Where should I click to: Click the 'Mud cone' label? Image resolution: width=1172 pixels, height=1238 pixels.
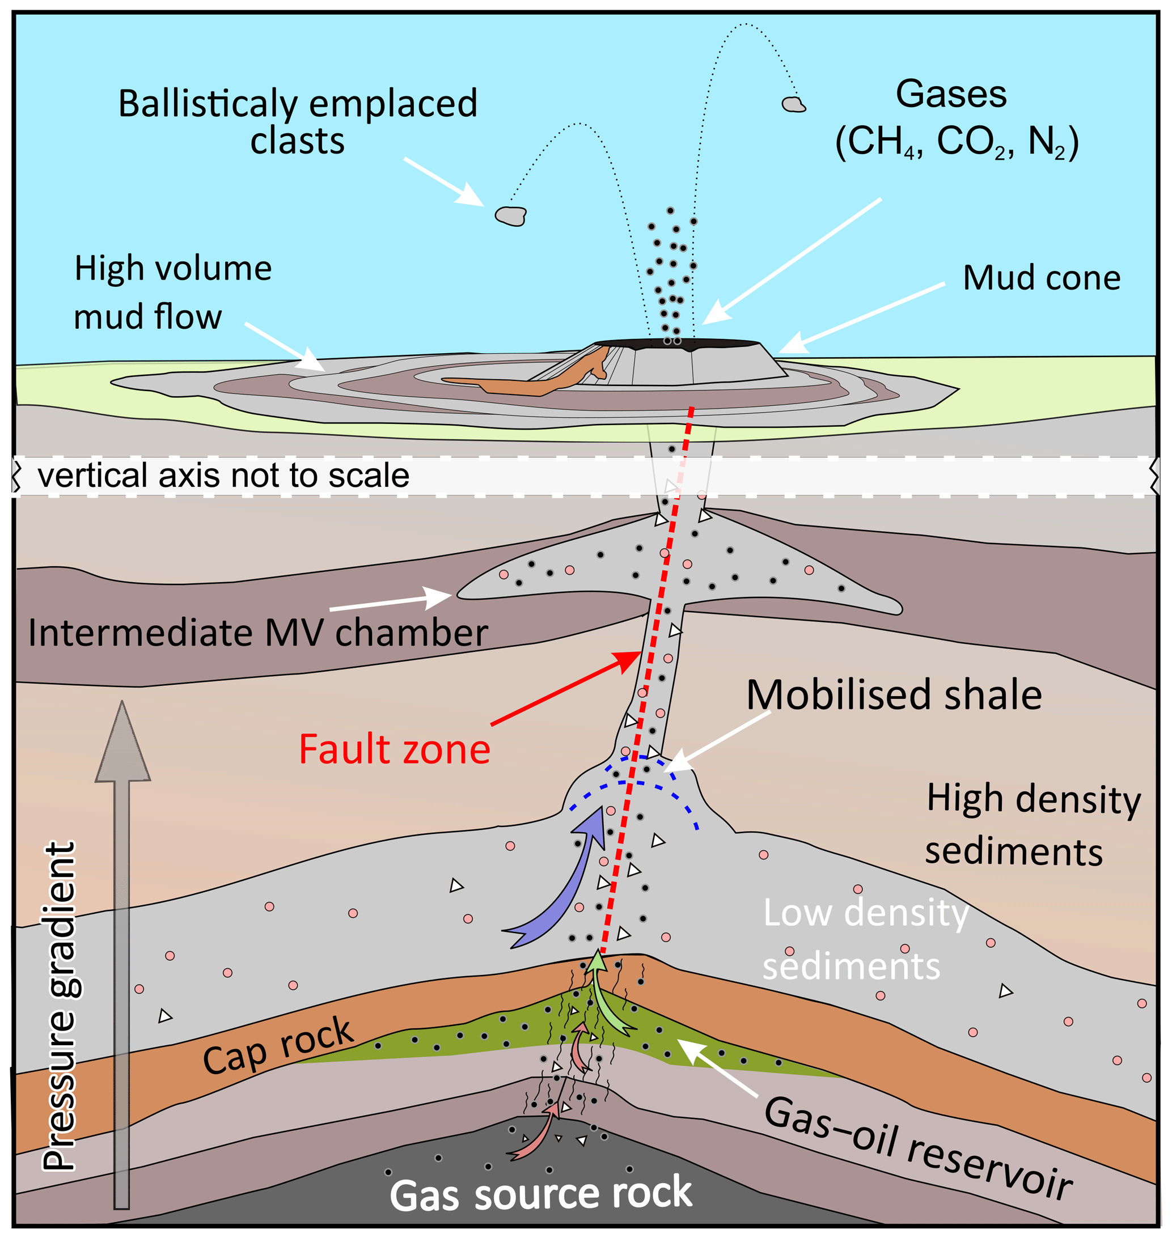[1042, 278]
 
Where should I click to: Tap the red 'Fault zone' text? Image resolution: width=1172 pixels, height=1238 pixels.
[395, 749]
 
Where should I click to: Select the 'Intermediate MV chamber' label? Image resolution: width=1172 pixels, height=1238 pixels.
[258, 633]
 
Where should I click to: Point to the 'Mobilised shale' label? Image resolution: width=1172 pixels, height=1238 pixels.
[894, 694]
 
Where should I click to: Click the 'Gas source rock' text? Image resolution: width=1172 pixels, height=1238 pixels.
[541, 1194]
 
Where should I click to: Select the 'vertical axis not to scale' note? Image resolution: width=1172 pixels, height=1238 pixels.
[223, 476]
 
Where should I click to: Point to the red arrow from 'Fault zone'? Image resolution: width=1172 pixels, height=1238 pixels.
[566, 688]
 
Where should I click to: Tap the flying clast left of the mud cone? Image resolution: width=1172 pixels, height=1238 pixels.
[510, 215]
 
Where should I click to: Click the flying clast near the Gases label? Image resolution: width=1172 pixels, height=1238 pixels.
[793, 104]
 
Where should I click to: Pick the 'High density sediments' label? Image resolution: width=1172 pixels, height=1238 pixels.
[1033, 825]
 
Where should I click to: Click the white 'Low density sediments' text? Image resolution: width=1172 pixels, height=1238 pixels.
[866, 939]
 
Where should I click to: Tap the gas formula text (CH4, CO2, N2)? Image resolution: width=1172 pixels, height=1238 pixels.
[957, 142]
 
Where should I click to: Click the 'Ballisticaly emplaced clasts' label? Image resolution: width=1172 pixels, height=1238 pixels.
[298, 122]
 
